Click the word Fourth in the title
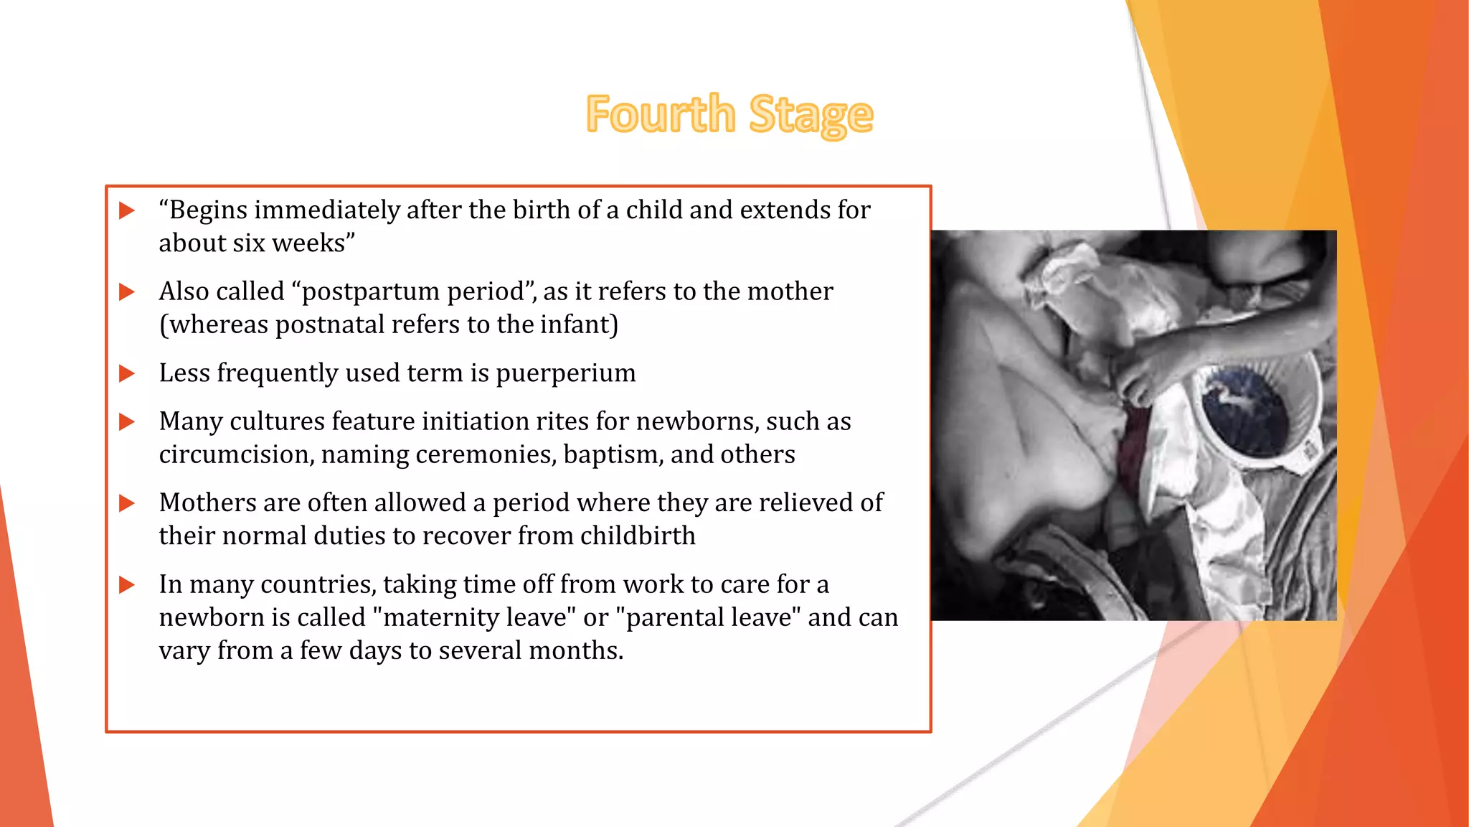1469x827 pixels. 660,114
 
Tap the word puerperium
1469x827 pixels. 565,373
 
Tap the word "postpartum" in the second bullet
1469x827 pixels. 366,291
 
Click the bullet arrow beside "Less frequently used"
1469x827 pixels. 127,373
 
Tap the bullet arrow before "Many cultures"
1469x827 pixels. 127,421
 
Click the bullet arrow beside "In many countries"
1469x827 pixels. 127,584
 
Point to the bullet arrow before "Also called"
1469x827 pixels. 127,291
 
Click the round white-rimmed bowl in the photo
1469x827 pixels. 1248,409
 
